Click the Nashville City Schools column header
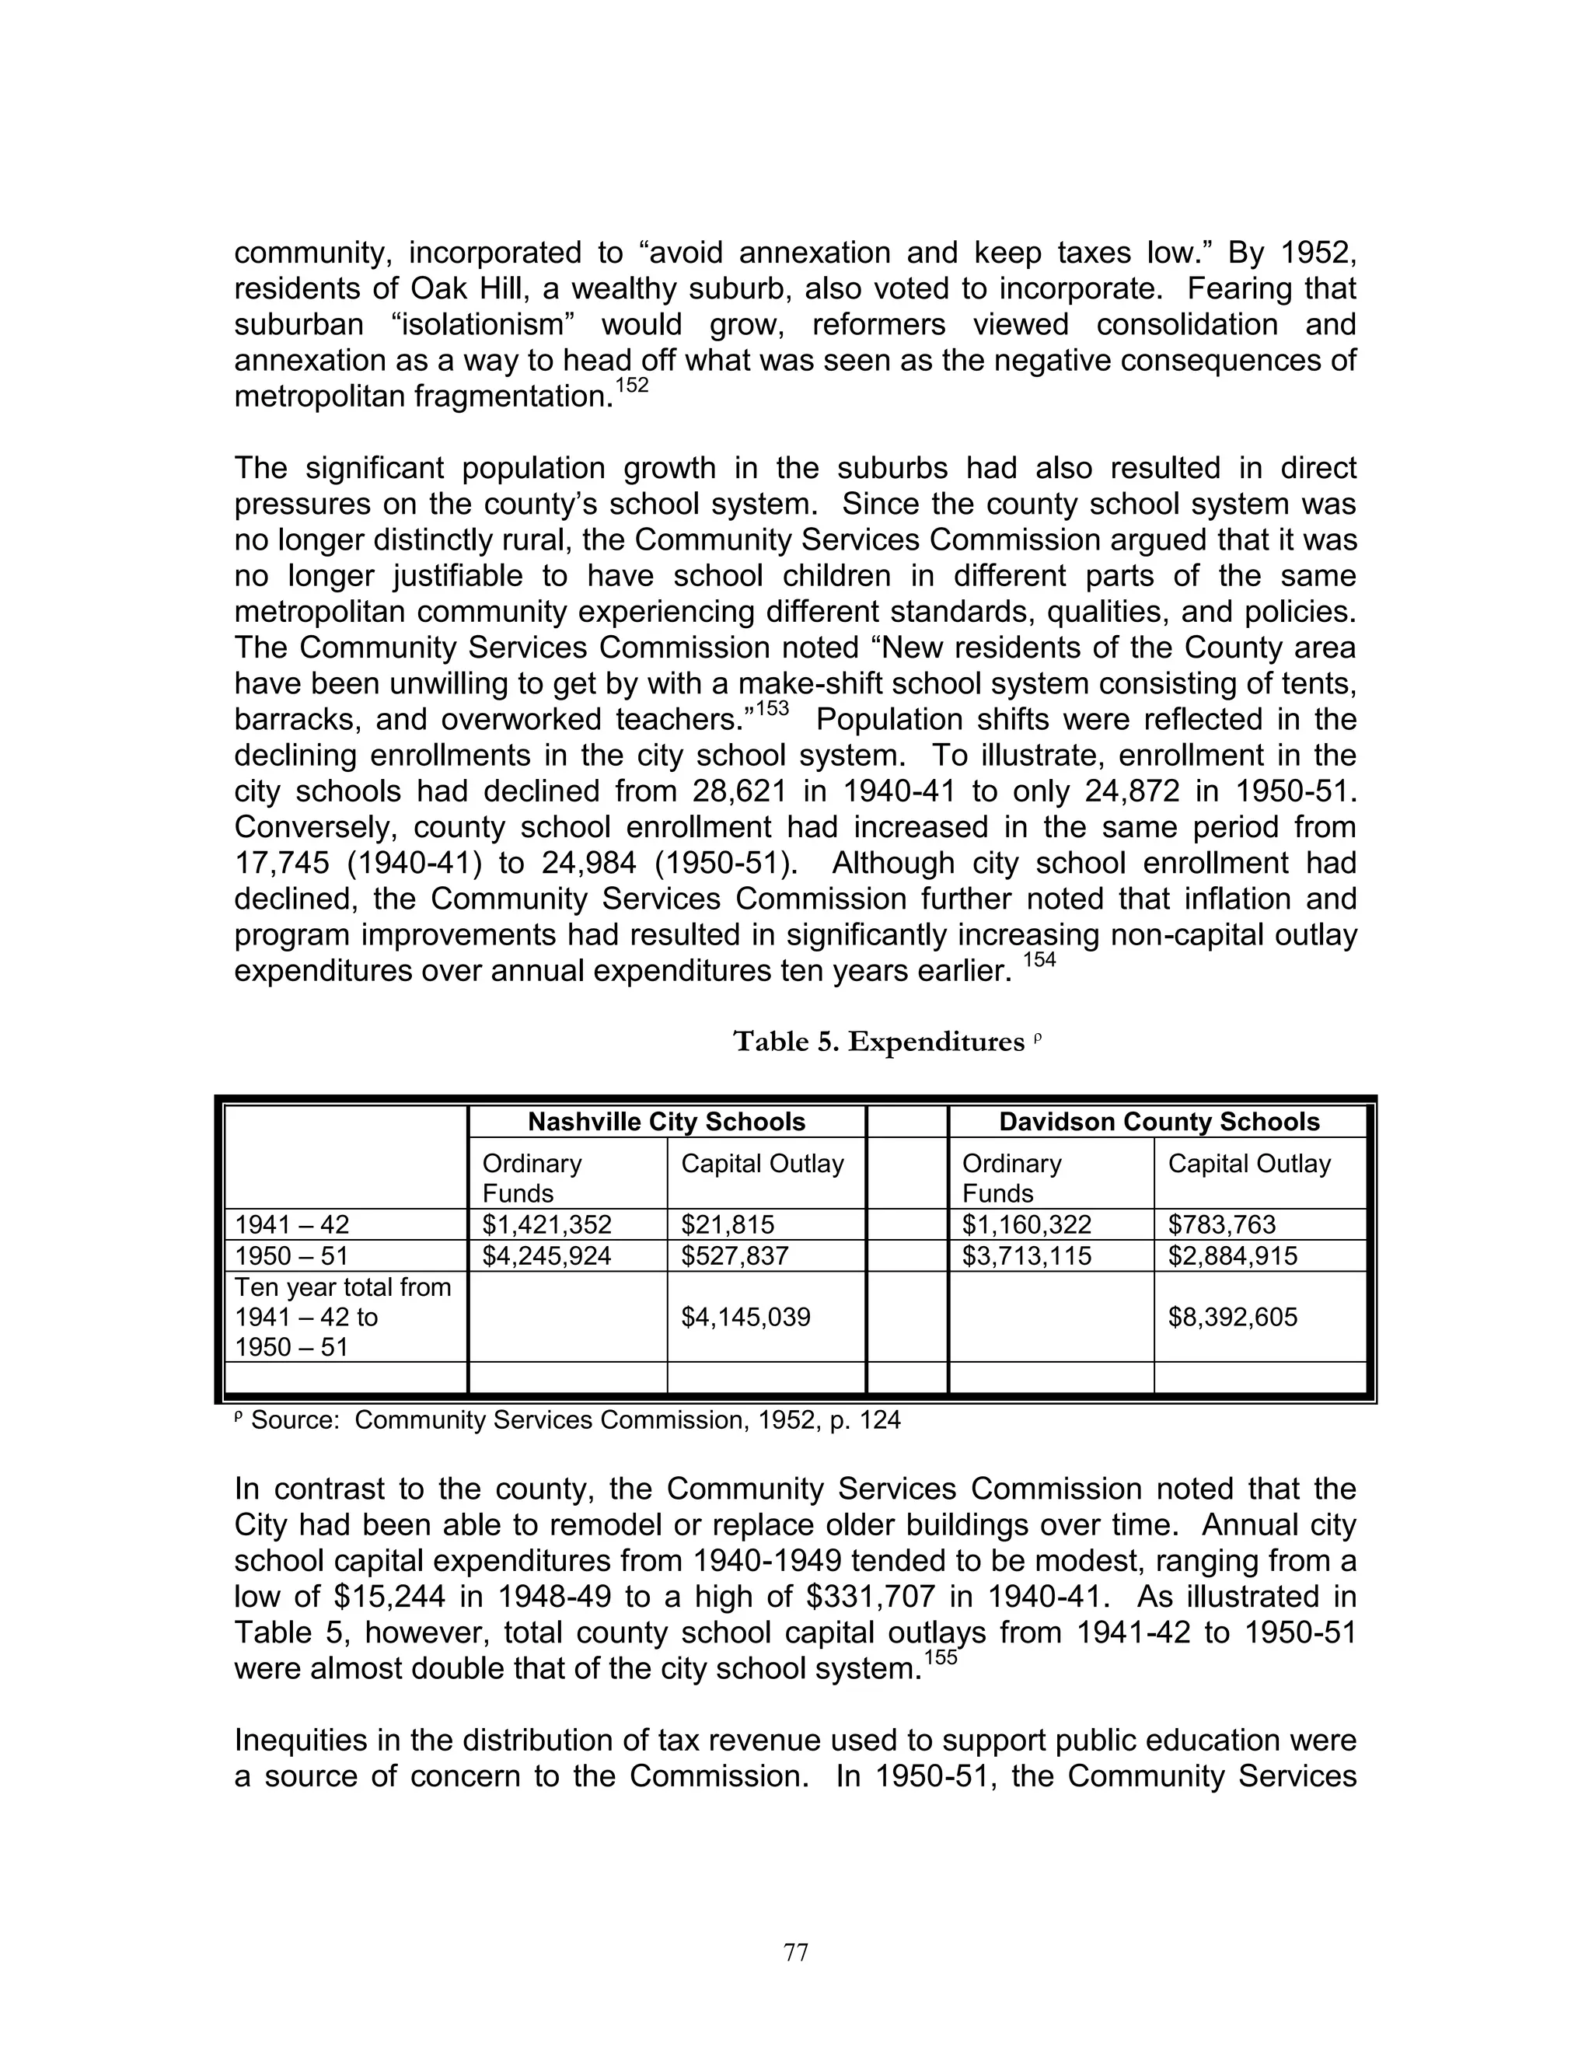(666, 1122)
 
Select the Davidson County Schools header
(1158, 1122)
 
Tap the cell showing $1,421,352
(547, 1224)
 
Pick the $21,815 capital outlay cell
(727, 1224)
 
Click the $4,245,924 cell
(547, 1255)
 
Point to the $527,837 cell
(735, 1255)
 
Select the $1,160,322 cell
(1026, 1224)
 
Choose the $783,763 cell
(1221, 1224)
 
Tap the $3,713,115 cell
(1026, 1255)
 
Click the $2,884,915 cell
(1233, 1255)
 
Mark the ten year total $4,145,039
(745, 1317)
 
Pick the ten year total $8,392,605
(1233, 1317)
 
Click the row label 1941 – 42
(292, 1224)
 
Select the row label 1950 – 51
(292, 1255)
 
